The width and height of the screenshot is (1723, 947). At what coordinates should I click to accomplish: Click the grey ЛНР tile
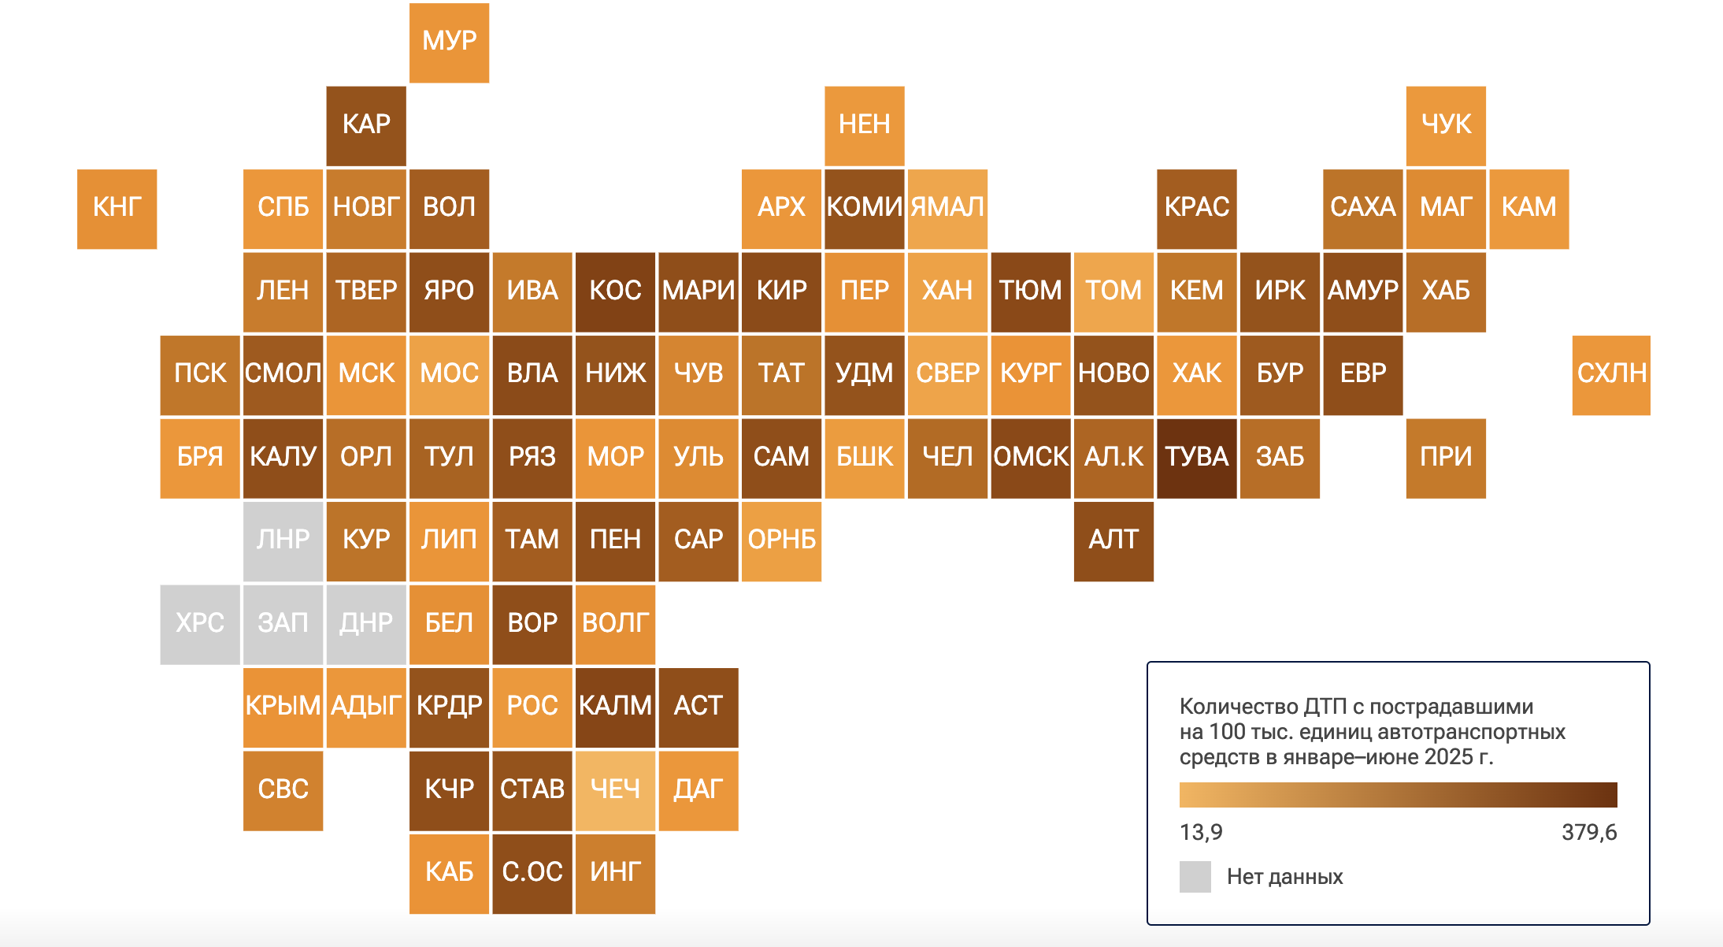283,540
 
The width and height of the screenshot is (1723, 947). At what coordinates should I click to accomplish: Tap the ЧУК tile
1446,125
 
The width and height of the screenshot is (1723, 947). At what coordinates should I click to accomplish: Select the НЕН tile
864,125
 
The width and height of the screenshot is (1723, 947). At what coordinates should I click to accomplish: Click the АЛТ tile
1113,540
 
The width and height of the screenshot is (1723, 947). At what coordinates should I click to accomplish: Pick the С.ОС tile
532,873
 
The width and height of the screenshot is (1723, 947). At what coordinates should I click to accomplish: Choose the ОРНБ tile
781,540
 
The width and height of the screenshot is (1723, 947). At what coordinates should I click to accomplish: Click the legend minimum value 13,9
1201,832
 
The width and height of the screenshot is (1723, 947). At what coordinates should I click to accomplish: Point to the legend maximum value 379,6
1588,832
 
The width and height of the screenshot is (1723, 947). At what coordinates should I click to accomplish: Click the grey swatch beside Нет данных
1195,877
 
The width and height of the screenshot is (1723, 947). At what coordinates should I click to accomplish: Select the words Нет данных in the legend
1284,877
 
